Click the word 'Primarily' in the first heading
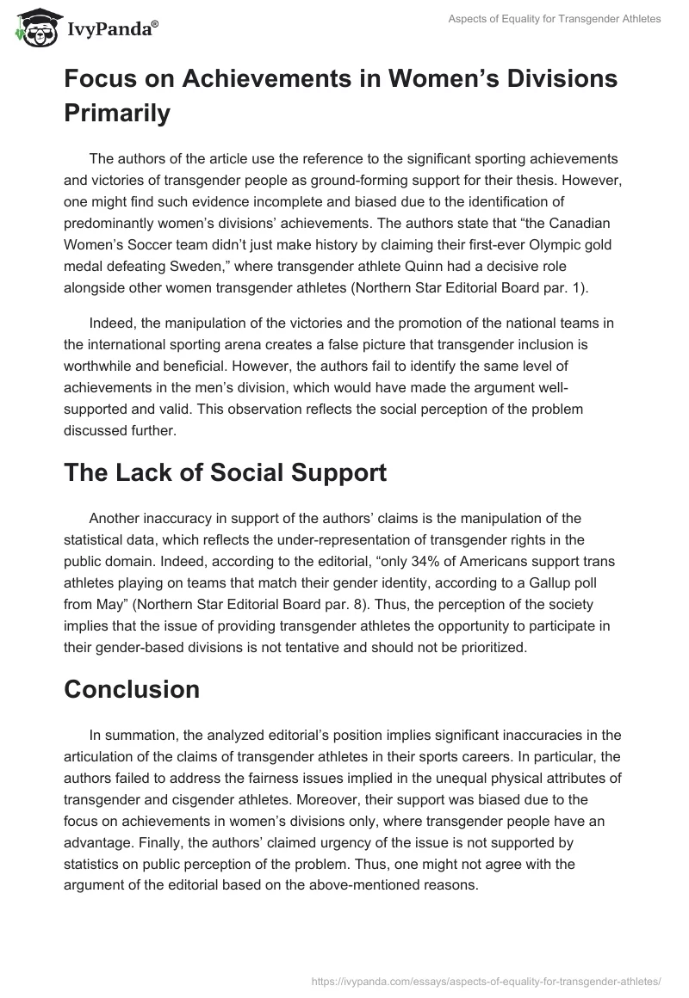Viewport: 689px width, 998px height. (117, 114)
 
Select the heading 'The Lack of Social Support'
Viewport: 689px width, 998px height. (225, 472)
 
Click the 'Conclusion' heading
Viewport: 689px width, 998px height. (131, 688)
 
